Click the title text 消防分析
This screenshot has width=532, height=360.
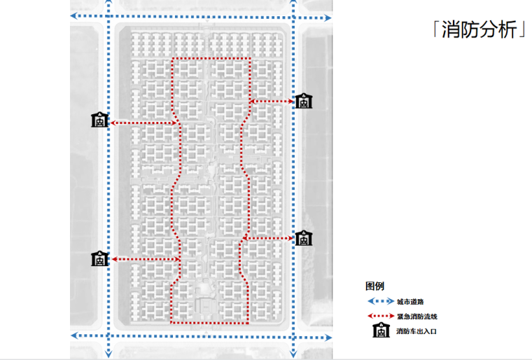pyautogui.click(x=479, y=31)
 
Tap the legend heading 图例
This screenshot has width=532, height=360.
pyautogui.click(x=374, y=286)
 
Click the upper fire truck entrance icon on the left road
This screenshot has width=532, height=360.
pyautogui.click(x=99, y=120)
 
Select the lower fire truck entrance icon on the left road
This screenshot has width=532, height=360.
pyautogui.click(x=99, y=258)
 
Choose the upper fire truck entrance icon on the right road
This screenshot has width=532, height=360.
pyautogui.click(x=303, y=101)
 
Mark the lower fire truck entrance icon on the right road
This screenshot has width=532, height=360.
pyautogui.click(x=303, y=238)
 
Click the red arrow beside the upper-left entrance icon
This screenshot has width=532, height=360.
pyautogui.click(x=143, y=123)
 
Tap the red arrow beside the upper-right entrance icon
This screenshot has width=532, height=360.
pyautogui.click(x=272, y=102)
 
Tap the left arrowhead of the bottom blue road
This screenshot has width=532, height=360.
pyautogui.click(x=74, y=336)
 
